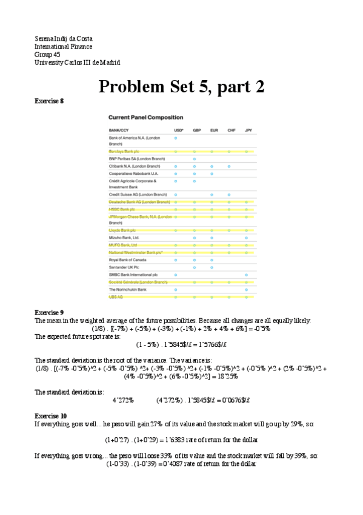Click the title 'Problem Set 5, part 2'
181,86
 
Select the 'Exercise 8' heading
49,101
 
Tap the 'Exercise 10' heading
51,415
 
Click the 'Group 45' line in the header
47,55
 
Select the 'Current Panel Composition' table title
145,117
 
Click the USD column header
178,130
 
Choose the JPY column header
248,130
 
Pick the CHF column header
231,130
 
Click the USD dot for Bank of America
176,138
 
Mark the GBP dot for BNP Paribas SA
194,159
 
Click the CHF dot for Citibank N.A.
229,166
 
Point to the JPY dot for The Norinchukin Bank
247,290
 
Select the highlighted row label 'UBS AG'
116,297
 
